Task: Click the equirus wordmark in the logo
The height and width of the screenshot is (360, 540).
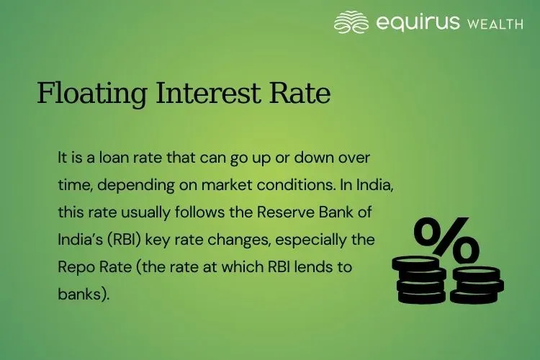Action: (x=418, y=23)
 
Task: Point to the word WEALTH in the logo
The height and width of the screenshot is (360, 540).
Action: (x=495, y=24)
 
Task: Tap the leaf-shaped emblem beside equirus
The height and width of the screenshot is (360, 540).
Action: (x=351, y=23)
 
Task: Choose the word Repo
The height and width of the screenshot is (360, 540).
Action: (x=76, y=266)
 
